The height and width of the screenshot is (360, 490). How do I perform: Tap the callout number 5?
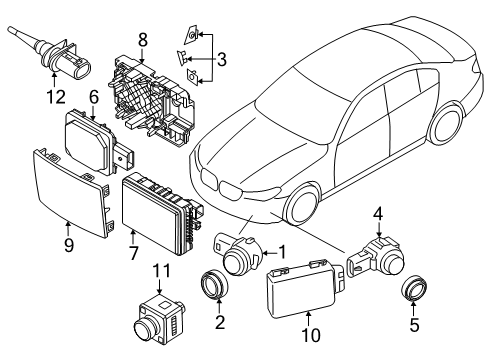412,324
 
